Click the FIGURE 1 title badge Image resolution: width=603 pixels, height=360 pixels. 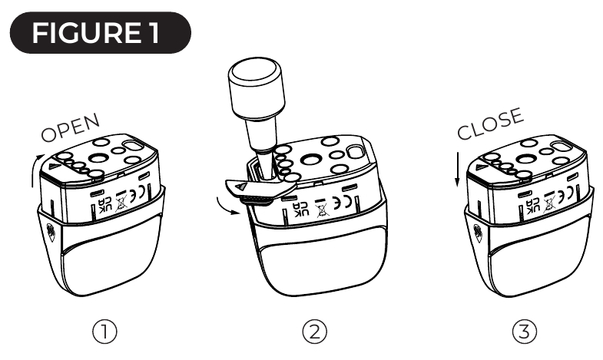coord(101,33)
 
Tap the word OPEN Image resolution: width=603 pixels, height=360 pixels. coord(71,128)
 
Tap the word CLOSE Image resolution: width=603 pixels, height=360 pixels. coord(490,124)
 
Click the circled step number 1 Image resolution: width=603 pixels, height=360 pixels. coord(104,332)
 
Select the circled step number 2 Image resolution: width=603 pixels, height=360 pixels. coord(315,332)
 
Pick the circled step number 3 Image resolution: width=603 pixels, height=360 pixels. coord(525,332)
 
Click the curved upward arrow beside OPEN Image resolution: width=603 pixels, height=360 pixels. coord(35,169)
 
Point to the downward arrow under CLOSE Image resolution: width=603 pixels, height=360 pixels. coord(458,170)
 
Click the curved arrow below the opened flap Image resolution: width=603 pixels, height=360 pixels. coord(226,206)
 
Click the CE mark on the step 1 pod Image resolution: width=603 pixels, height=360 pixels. coord(137,193)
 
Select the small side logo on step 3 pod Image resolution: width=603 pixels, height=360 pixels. coord(478,233)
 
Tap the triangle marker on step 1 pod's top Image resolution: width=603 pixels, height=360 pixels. coord(55,167)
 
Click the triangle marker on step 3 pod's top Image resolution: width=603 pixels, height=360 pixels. coord(481,167)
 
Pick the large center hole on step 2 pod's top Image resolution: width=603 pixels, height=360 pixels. coord(311,159)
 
